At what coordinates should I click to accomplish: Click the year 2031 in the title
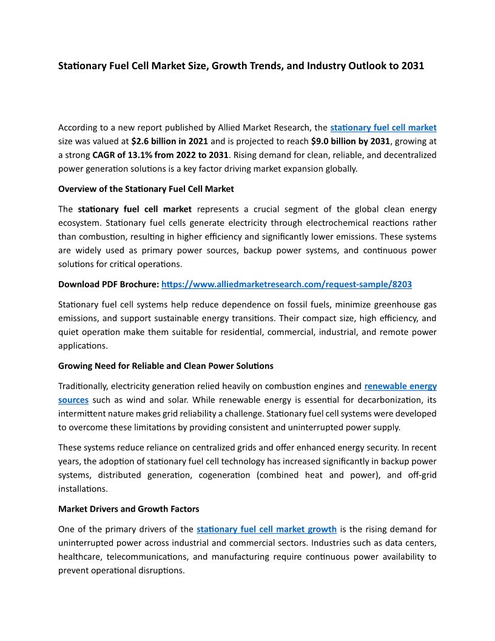click(x=412, y=66)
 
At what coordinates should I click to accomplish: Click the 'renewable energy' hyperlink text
click(x=400, y=386)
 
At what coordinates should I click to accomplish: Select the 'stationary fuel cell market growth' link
click(x=266, y=529)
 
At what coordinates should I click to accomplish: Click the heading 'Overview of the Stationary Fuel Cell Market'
click(x=146, y=189)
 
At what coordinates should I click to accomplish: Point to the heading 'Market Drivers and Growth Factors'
click(x=129, y=509)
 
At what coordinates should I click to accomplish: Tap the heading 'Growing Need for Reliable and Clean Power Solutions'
click(x=166, y=366)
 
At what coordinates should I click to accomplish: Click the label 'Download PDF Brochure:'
click(x=109, y=284)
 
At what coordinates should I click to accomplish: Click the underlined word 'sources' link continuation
click(x=73, y=400)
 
